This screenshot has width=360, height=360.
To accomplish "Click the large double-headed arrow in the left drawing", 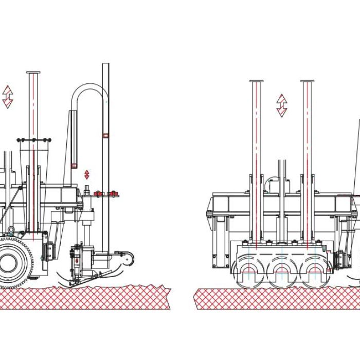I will [x=8, y=97].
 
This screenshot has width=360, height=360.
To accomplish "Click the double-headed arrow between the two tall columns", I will [x=281, y=105].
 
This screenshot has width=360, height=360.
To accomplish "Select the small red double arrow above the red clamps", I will [x=87, y=174].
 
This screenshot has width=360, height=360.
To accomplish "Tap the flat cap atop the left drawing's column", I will [x=34, y=73].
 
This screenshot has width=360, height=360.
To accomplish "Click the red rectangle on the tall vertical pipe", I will [x=106, y=135].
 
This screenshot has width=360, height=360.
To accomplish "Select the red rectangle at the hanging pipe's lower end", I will [x=74, y=166].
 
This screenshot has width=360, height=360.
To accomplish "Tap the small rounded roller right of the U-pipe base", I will [x=129, y=256].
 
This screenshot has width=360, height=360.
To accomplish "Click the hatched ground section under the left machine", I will [x=85, y=298].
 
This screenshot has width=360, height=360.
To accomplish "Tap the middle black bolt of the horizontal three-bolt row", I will [x=34, y=139].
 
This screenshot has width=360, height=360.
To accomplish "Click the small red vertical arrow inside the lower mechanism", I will [x=78, y=261].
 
